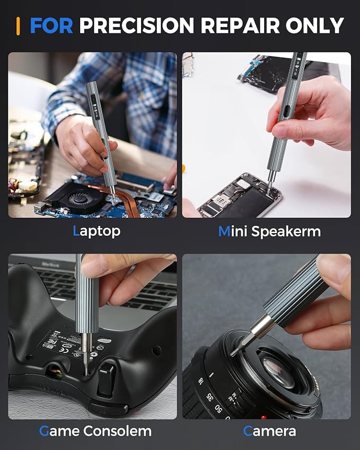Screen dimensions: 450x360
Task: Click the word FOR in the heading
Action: (52, 25)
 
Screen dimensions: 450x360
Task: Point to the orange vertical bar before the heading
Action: (19, 25)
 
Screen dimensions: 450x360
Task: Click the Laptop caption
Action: (96, 231)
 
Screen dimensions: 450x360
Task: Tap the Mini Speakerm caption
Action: (269, 231)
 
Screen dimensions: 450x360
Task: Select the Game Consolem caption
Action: (95, 431)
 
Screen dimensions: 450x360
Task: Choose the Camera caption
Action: (269, 431)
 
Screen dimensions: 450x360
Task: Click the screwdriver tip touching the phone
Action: (269, 187)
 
